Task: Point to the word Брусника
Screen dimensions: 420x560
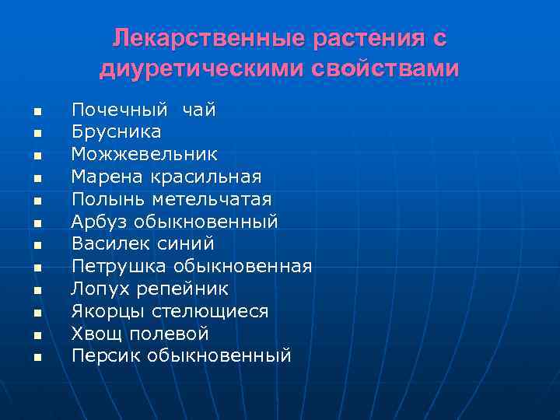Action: coord(117,132)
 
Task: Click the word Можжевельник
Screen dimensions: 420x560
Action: coord(145,155)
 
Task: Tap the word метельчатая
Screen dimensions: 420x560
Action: coord(212,200)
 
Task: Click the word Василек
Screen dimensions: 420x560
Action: coord(103,244)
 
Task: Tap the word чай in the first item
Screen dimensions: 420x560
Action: coord(199,110)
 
